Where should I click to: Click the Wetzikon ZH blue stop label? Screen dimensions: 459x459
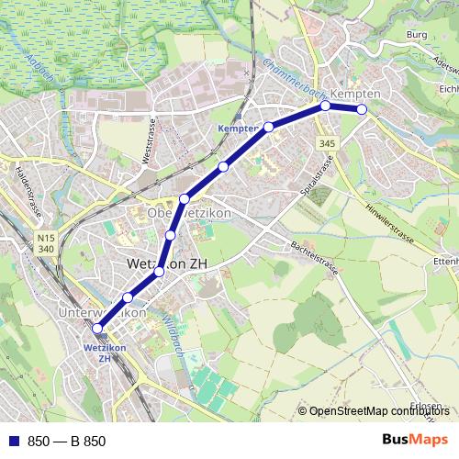point(97,353)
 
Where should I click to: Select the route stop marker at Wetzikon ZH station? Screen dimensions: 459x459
point(97,328)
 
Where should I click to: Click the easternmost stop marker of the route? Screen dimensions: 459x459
point(362,109)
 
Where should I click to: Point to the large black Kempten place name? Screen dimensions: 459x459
point(355,95)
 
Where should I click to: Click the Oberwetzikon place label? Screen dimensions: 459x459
point(188,213)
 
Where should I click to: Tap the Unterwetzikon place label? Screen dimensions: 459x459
point(103,313)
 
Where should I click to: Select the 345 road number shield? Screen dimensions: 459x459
point(328,143)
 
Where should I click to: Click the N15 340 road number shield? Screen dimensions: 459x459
point(47,242)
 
